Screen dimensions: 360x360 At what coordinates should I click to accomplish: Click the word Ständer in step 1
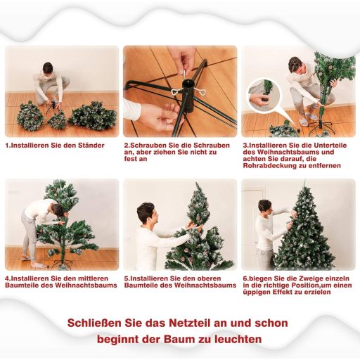[90, 145]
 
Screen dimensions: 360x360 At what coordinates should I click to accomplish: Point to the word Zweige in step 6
[301, 278]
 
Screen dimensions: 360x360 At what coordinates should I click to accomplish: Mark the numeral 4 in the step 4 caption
[7, 278]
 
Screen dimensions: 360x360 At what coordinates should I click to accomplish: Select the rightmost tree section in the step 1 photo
[94, 116]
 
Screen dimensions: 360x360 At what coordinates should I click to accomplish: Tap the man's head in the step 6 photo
[264, 206]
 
